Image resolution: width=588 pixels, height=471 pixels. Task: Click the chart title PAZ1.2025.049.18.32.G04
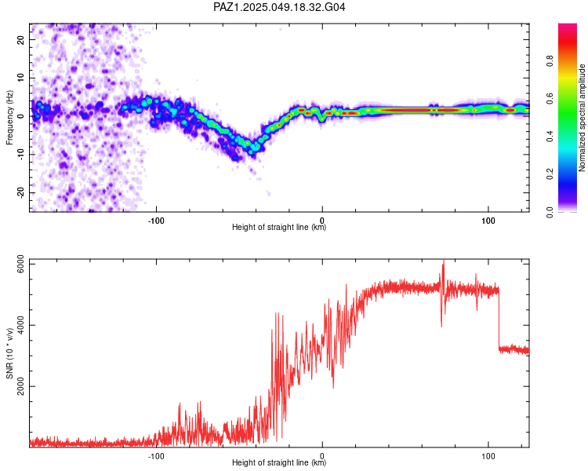279,7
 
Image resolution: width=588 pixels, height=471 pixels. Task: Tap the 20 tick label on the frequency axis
20,39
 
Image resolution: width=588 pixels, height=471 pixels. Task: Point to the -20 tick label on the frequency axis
20,192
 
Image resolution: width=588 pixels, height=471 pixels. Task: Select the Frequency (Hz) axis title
9,118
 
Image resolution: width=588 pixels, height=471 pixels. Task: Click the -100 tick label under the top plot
156,221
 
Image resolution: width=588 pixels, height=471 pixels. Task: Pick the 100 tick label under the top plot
488,221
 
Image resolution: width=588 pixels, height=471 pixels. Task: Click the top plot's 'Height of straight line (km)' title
279,227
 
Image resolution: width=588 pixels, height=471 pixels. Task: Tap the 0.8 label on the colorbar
550,60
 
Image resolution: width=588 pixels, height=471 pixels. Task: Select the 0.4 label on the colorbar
550,137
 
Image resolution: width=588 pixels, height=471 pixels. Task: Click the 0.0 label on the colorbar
550,212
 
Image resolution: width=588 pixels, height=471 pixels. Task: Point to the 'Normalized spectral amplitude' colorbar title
582,118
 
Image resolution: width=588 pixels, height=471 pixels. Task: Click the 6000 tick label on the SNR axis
20,265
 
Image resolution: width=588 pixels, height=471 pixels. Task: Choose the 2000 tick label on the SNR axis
20,386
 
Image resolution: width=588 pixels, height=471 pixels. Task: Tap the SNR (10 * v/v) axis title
9,353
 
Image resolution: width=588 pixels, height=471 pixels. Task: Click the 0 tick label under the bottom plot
322,456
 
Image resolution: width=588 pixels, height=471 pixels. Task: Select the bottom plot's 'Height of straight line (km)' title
279,462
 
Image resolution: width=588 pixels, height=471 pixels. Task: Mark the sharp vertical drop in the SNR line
499,319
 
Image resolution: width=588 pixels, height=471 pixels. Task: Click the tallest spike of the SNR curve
444,261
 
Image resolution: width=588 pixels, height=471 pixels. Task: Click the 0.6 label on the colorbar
550,98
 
